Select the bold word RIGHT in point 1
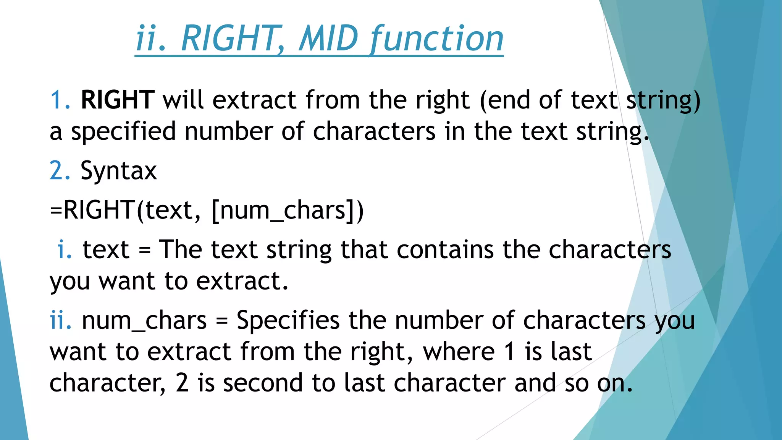point(118,100)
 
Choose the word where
point(459,352)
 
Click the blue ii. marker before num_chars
point(61,320)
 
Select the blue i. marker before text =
point(65,250)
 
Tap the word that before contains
point(364,250)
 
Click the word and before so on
point(535,383)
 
